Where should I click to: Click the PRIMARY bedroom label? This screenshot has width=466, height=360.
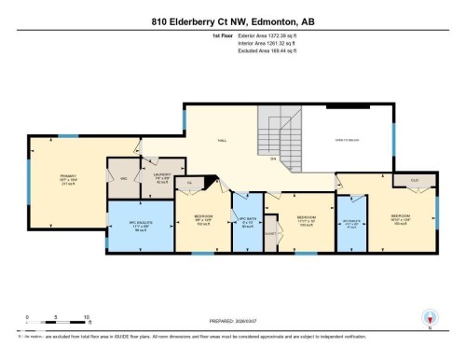coord(68,179)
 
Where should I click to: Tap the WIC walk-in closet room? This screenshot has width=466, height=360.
coord(123,176)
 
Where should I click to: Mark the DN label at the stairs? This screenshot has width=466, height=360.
coord(273,159)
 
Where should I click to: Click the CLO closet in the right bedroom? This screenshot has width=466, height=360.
coord(413,180)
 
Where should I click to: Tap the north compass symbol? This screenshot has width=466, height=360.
coord(428,317)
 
